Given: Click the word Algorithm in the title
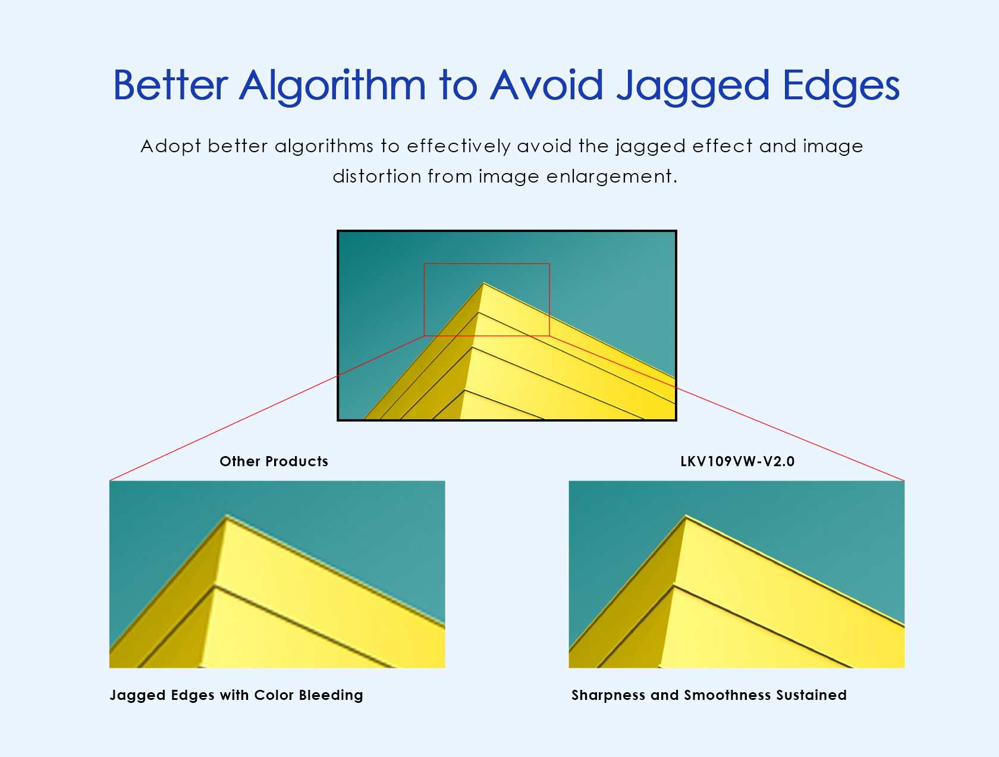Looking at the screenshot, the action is coord(332,86).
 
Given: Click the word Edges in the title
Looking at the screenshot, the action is coord(841,86).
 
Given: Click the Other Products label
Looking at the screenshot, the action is coord(274,461).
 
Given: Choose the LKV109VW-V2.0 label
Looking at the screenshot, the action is coord(737,461).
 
